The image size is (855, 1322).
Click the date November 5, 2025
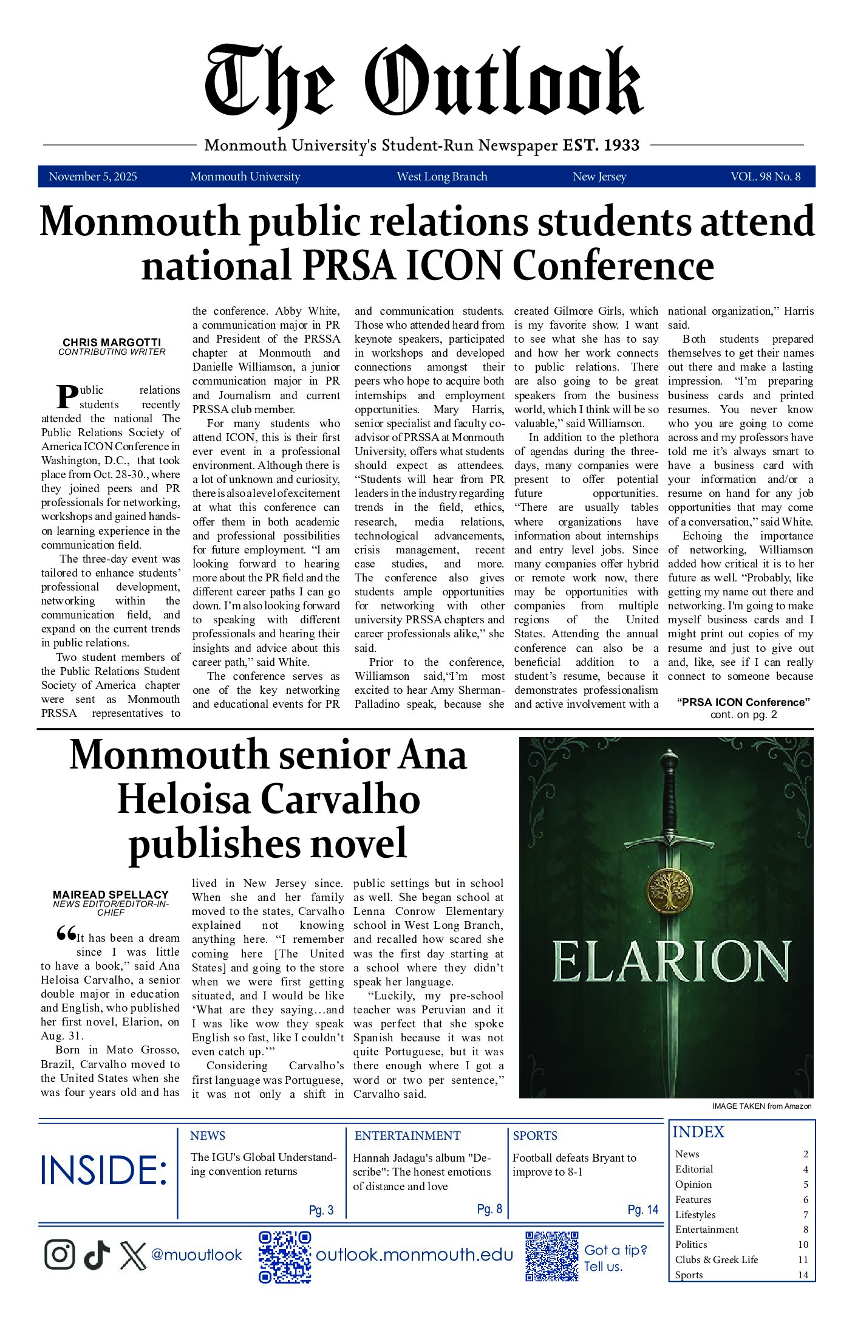93,177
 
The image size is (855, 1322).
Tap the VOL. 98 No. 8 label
765,177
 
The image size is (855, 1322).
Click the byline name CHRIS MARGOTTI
112,343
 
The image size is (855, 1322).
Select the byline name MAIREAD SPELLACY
111,894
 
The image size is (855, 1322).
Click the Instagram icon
60,1255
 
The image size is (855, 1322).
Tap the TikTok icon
97,1255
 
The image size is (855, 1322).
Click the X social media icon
133,1255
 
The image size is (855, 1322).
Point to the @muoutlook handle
196,1255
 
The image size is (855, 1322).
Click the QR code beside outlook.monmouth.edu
285,1256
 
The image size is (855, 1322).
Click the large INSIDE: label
103,1171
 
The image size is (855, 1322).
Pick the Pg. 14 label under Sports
643,1210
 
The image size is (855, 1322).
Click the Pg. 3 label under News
321,1210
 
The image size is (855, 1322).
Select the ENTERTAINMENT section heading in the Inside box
407,1135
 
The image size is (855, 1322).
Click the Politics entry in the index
691,1244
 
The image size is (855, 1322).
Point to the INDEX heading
698,1132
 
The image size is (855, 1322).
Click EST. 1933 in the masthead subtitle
601,145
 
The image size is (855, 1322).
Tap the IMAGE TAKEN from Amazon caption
761,1106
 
